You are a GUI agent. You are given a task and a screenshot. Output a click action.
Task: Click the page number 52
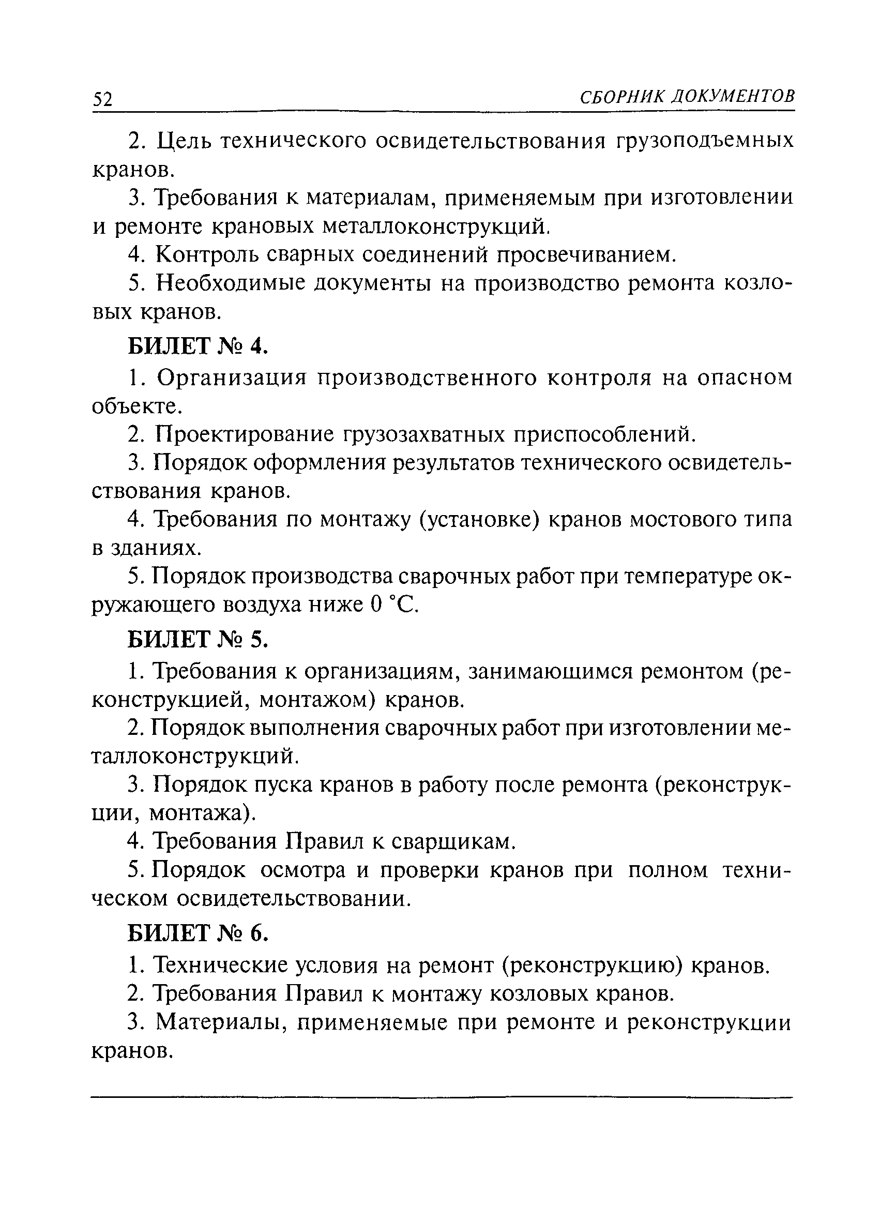pyautogui.click(x=102, y=99)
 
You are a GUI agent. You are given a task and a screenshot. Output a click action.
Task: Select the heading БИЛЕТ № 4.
pyautogui.click(x=197, y=346)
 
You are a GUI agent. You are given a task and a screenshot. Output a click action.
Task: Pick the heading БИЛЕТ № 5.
pyautogui.click(x=197, y=640)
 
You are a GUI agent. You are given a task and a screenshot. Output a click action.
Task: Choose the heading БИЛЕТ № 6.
pyautogui.click(x=197, y=934)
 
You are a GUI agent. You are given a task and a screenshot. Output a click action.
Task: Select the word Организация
pyautogui.click(x=231, y=378)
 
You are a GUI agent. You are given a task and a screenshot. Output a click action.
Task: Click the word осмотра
pyautogui.click(x=302, y=870)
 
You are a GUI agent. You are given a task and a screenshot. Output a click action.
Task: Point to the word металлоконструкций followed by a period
pyautogui.click(x=436, y=227)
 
